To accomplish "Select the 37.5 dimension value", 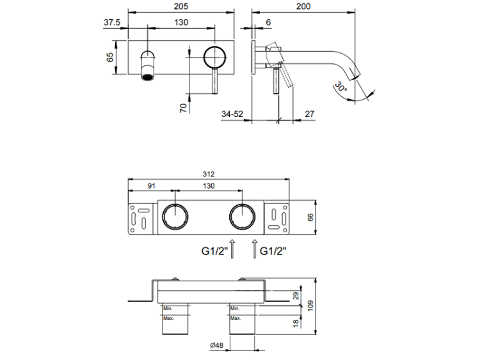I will click(x=112, y=22).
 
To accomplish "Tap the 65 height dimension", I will click(x=110, y=56).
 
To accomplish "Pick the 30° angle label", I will click(x=340, y=88).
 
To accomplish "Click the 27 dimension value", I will click(x=310, y=114).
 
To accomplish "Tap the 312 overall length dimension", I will click(x=209, y=174).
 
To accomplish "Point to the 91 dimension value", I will click(x=151, y=186).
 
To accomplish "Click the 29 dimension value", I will click(x=295, y=296).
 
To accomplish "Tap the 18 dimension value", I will click(x=295, y=324).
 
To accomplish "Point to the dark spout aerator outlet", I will click(x=147, y=77).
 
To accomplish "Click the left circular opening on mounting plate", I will click(x=174, y=217).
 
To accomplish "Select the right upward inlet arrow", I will click(x=255, y=249).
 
